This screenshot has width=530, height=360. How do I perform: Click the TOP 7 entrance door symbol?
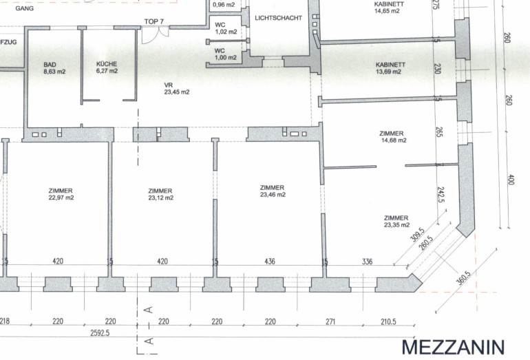click(155, 35)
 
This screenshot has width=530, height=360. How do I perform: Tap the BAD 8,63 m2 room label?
click(54, 68)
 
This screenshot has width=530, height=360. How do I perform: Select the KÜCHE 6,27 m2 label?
click(107, 67)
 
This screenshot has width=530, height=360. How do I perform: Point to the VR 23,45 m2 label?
click(176, 89)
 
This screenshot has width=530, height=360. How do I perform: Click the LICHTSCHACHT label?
click(279, 18)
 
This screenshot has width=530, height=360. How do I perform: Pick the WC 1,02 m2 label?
click(226, 28)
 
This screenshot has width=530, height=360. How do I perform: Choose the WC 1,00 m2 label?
click(226, 54)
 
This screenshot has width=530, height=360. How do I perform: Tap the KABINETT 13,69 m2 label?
click(390, 68)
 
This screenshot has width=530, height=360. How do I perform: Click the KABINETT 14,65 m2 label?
click(389, 8)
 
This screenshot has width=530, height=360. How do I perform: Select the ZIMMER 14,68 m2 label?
click(392, 136)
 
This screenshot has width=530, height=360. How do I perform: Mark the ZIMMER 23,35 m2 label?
click(396, 221)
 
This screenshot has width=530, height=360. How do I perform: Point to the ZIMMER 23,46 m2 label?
click(273, 191)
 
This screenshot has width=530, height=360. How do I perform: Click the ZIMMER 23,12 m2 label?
click(160, 194)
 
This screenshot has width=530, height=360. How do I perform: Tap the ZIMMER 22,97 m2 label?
click(61, 194)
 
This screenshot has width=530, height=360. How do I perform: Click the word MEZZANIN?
click(453, 347)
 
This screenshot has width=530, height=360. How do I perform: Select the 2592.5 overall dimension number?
click(100, 333)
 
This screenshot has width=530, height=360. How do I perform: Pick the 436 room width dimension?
click(270, 262)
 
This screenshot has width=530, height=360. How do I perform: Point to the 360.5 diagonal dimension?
click(463, 277)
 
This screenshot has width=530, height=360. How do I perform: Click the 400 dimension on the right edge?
click(511, 180)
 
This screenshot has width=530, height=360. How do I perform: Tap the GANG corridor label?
click(24, 8)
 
